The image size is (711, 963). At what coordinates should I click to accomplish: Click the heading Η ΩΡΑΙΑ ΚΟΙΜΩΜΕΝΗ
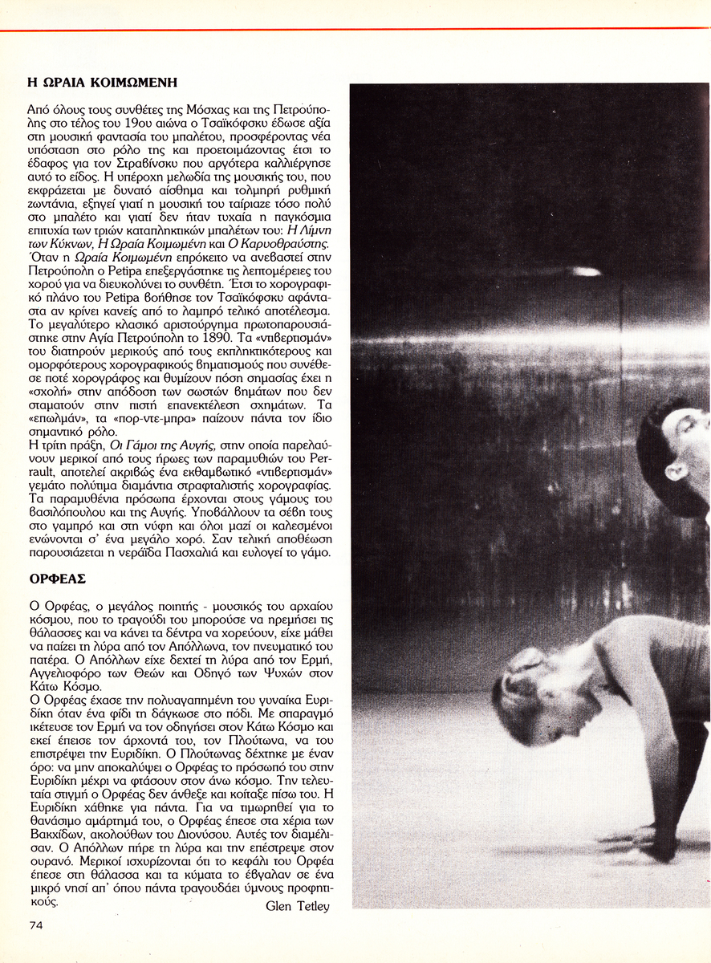click(x=102, y=82)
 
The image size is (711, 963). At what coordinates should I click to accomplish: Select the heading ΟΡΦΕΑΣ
click(x=57, y=578)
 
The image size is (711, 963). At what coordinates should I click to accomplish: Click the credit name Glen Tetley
click(x=296, y=906)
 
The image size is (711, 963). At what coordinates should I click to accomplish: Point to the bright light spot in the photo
click(x=586, y=271)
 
